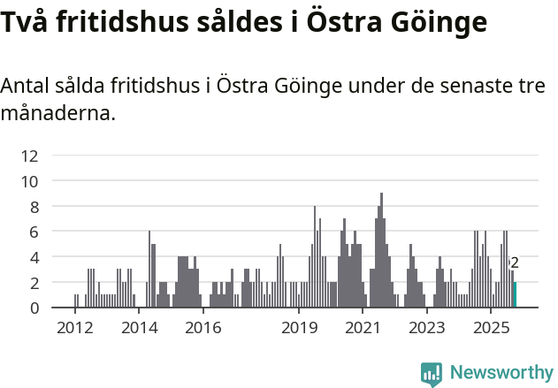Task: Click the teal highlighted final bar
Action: tap(515, 294)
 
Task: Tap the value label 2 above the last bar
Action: tap(515, 262)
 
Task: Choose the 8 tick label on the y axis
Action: tap(34, 207)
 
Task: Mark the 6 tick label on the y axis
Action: tap(34, 232)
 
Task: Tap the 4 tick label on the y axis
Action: tap(34, 257)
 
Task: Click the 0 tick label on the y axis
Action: tap(34, 308)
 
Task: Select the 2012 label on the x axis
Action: tap(75, 328)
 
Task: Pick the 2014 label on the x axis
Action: tap(139, 328)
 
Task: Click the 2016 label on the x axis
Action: tap(203, 328)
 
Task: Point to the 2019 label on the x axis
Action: tap(299, 328)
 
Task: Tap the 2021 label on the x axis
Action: tap(363, 328)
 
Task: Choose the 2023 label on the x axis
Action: tap(427, 328)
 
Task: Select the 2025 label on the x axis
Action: tap(491, 328)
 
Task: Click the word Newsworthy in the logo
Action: tap(501, 373)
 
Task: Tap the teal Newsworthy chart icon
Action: tap(432, 374)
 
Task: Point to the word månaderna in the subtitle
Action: tap(58, 113)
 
